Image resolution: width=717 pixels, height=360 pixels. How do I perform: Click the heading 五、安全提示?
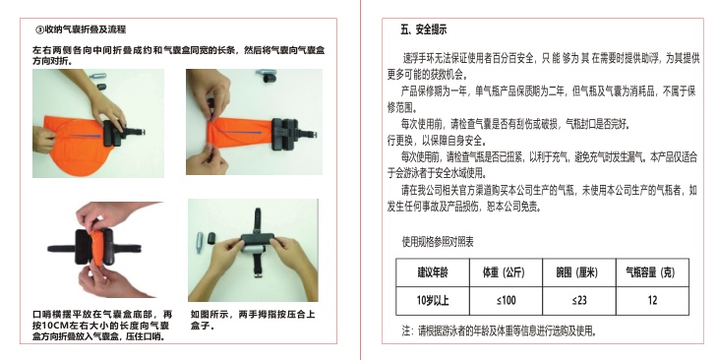424,30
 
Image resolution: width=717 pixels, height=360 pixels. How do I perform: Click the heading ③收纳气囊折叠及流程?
81,30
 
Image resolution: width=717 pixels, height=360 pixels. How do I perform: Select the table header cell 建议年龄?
433,272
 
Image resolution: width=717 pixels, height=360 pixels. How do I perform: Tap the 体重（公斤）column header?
506,272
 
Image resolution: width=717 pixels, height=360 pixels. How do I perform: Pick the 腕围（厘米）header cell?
579,272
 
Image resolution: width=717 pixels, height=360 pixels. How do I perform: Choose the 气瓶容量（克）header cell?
652,272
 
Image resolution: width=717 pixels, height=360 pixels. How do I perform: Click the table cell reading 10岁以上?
433,301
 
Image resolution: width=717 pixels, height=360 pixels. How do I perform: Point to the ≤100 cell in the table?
506,301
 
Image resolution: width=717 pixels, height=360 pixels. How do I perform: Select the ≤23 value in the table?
579,301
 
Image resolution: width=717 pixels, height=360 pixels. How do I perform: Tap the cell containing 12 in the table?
652,301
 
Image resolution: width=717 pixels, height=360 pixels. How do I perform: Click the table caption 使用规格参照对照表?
438,242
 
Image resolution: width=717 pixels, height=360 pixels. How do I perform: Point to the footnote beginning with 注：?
500,330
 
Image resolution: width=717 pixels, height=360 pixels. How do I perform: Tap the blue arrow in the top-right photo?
238,132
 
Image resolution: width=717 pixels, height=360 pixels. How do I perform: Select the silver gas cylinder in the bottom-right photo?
200,242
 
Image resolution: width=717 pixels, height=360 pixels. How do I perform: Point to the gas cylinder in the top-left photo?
97,76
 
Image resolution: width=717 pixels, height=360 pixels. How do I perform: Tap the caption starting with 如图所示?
253,320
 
